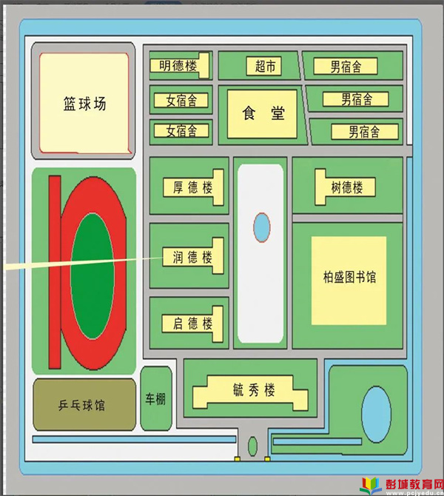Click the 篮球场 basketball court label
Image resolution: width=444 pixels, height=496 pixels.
click(85, 104)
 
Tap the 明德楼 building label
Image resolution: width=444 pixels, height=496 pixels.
click(178, 66)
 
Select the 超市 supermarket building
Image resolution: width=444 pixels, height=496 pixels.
click(263, 66)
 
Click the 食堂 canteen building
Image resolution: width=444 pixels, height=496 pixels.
click(262, 114)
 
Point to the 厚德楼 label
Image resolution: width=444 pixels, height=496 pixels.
click(192, 187)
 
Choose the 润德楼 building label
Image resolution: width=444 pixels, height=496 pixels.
click(192, 257)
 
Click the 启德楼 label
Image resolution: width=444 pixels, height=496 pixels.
click(192, 324)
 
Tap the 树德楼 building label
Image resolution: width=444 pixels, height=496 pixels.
click(347, 187)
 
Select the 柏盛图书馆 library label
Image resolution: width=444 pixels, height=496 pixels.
click(349, 277)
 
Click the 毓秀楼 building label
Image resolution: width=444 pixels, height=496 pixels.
click(254, 389)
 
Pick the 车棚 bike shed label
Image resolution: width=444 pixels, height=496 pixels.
click(155, 399)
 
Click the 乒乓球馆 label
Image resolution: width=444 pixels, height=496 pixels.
click(81, 405)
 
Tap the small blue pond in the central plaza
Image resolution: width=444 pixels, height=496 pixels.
click(262, 227)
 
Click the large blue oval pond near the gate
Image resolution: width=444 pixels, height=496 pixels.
click(377, 414)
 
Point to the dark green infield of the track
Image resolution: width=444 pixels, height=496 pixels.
click(92, 276)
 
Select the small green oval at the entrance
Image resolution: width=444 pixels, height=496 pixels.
click(252, 446)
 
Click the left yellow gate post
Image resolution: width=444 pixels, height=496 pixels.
click(238, 459)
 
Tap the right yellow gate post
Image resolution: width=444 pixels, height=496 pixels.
click(267, 459)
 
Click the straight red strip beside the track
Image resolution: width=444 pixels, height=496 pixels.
click(55, 272)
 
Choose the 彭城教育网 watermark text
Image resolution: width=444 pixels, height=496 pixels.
click(414, 484)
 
